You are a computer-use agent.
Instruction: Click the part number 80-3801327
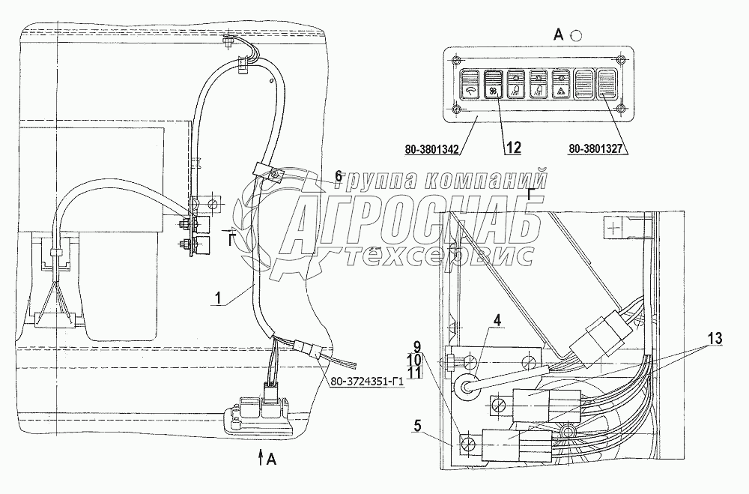597,149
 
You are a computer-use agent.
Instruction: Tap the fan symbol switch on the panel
493,87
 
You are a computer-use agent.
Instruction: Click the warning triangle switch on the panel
560,87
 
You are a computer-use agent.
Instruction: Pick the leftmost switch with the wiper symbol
470,87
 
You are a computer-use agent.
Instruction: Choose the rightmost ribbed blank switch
605,85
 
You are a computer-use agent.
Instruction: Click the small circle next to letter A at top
575,34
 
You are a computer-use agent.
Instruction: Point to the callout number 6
339,175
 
